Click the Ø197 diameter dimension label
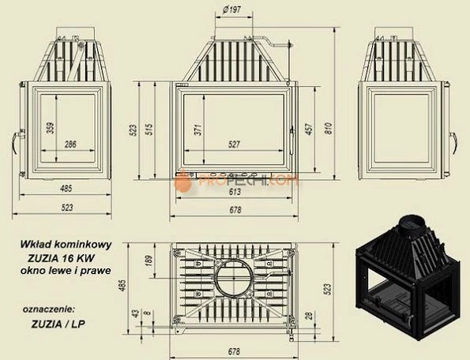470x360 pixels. click(x=232, y=10)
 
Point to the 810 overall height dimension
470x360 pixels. click(x=329, y=128)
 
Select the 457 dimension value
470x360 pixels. click(x=310, y=129)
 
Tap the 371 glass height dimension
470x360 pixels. click(x=198, y=130)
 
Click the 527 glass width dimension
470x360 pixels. click(x=234, y=144)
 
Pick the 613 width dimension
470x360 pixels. click(x=235, y=192)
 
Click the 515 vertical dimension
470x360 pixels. click(x=149, y=129)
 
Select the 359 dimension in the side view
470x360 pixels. click(x=51, y=128)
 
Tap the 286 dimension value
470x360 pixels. click(x=70, y=144)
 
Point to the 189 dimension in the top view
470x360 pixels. click(x=149, y=261)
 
